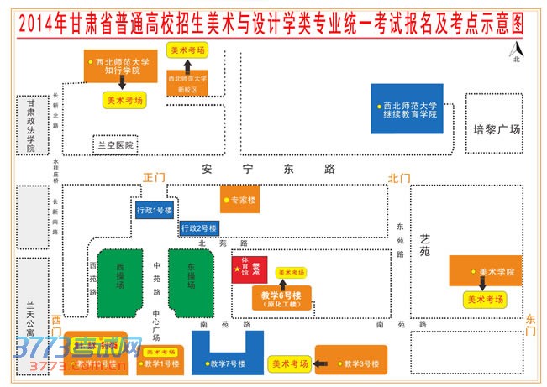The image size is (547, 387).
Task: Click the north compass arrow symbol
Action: [516, 52]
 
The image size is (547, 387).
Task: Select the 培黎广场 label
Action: [497, 130]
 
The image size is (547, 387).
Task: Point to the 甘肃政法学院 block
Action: [31, 125]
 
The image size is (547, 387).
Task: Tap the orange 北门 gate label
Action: [398, 178]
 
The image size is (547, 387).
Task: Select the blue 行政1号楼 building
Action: [155, 210]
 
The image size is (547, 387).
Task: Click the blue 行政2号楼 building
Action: [199, 227]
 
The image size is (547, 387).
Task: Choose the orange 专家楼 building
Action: [240, 201]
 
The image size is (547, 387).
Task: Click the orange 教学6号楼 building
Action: [281, 299]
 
